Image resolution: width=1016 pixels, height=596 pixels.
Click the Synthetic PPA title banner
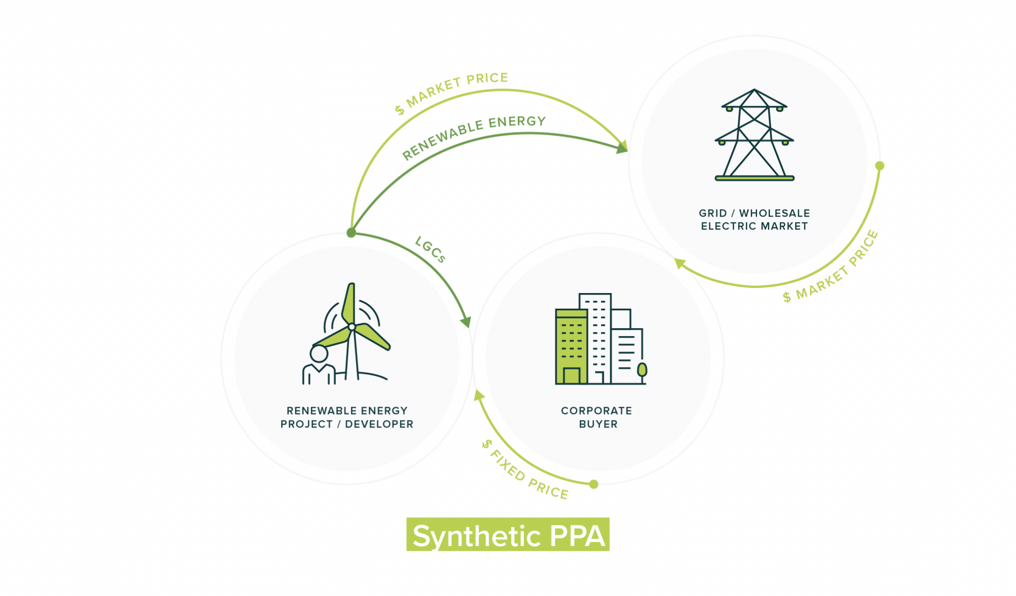point(508,535)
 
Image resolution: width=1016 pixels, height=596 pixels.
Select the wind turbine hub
point(352,327)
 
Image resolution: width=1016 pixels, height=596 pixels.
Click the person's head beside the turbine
point(318,354)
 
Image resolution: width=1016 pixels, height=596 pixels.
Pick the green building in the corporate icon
point(571,347)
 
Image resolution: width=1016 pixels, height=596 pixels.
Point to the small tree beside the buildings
point(642,370)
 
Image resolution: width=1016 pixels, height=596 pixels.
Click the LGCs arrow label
point(430,249)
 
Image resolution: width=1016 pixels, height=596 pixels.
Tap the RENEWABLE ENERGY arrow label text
point(473,136)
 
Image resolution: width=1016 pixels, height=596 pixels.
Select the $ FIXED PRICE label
point(525,469)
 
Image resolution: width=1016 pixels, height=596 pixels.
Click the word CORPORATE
point(596,411)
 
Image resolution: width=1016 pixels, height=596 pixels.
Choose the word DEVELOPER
point(379,424)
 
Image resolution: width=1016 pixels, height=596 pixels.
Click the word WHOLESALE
point(774,213)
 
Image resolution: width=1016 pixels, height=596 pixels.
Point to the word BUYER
point(598,424)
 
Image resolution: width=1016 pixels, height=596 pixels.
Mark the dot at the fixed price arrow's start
point(594,484)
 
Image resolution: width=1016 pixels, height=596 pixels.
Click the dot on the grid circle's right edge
point(880,166)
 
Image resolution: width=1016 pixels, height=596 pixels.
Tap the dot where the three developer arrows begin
point(351,233)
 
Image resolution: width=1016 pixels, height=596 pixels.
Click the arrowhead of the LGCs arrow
point(466,322)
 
